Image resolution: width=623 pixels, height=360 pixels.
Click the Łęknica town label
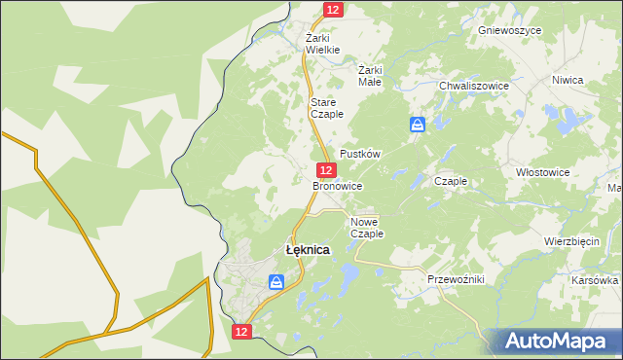(x=307, y=250)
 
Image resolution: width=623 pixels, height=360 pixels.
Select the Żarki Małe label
(x=371, y=76)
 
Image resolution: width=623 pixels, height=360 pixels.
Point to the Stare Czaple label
(x=326, y=108)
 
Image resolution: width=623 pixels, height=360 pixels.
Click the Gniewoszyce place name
(x=509, y=30)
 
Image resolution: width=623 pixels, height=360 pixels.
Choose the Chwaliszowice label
(x=474, y=86)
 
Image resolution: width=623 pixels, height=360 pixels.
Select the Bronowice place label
(x=338, y=185)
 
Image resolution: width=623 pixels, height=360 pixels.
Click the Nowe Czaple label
(x=367, y=228)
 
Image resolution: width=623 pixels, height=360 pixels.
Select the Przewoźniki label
(x=456, y=279)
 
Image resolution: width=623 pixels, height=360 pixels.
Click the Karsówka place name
(x=596, y=280)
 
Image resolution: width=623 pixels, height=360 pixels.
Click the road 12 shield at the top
(x=333, y=9)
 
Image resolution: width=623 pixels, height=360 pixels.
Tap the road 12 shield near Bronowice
(x=328, y=169)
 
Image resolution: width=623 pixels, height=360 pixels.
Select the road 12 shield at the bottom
(x=242, y=332)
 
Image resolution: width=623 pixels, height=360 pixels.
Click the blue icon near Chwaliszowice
(x=418, y=125)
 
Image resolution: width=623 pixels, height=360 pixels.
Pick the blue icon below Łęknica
(x=277, y=282)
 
